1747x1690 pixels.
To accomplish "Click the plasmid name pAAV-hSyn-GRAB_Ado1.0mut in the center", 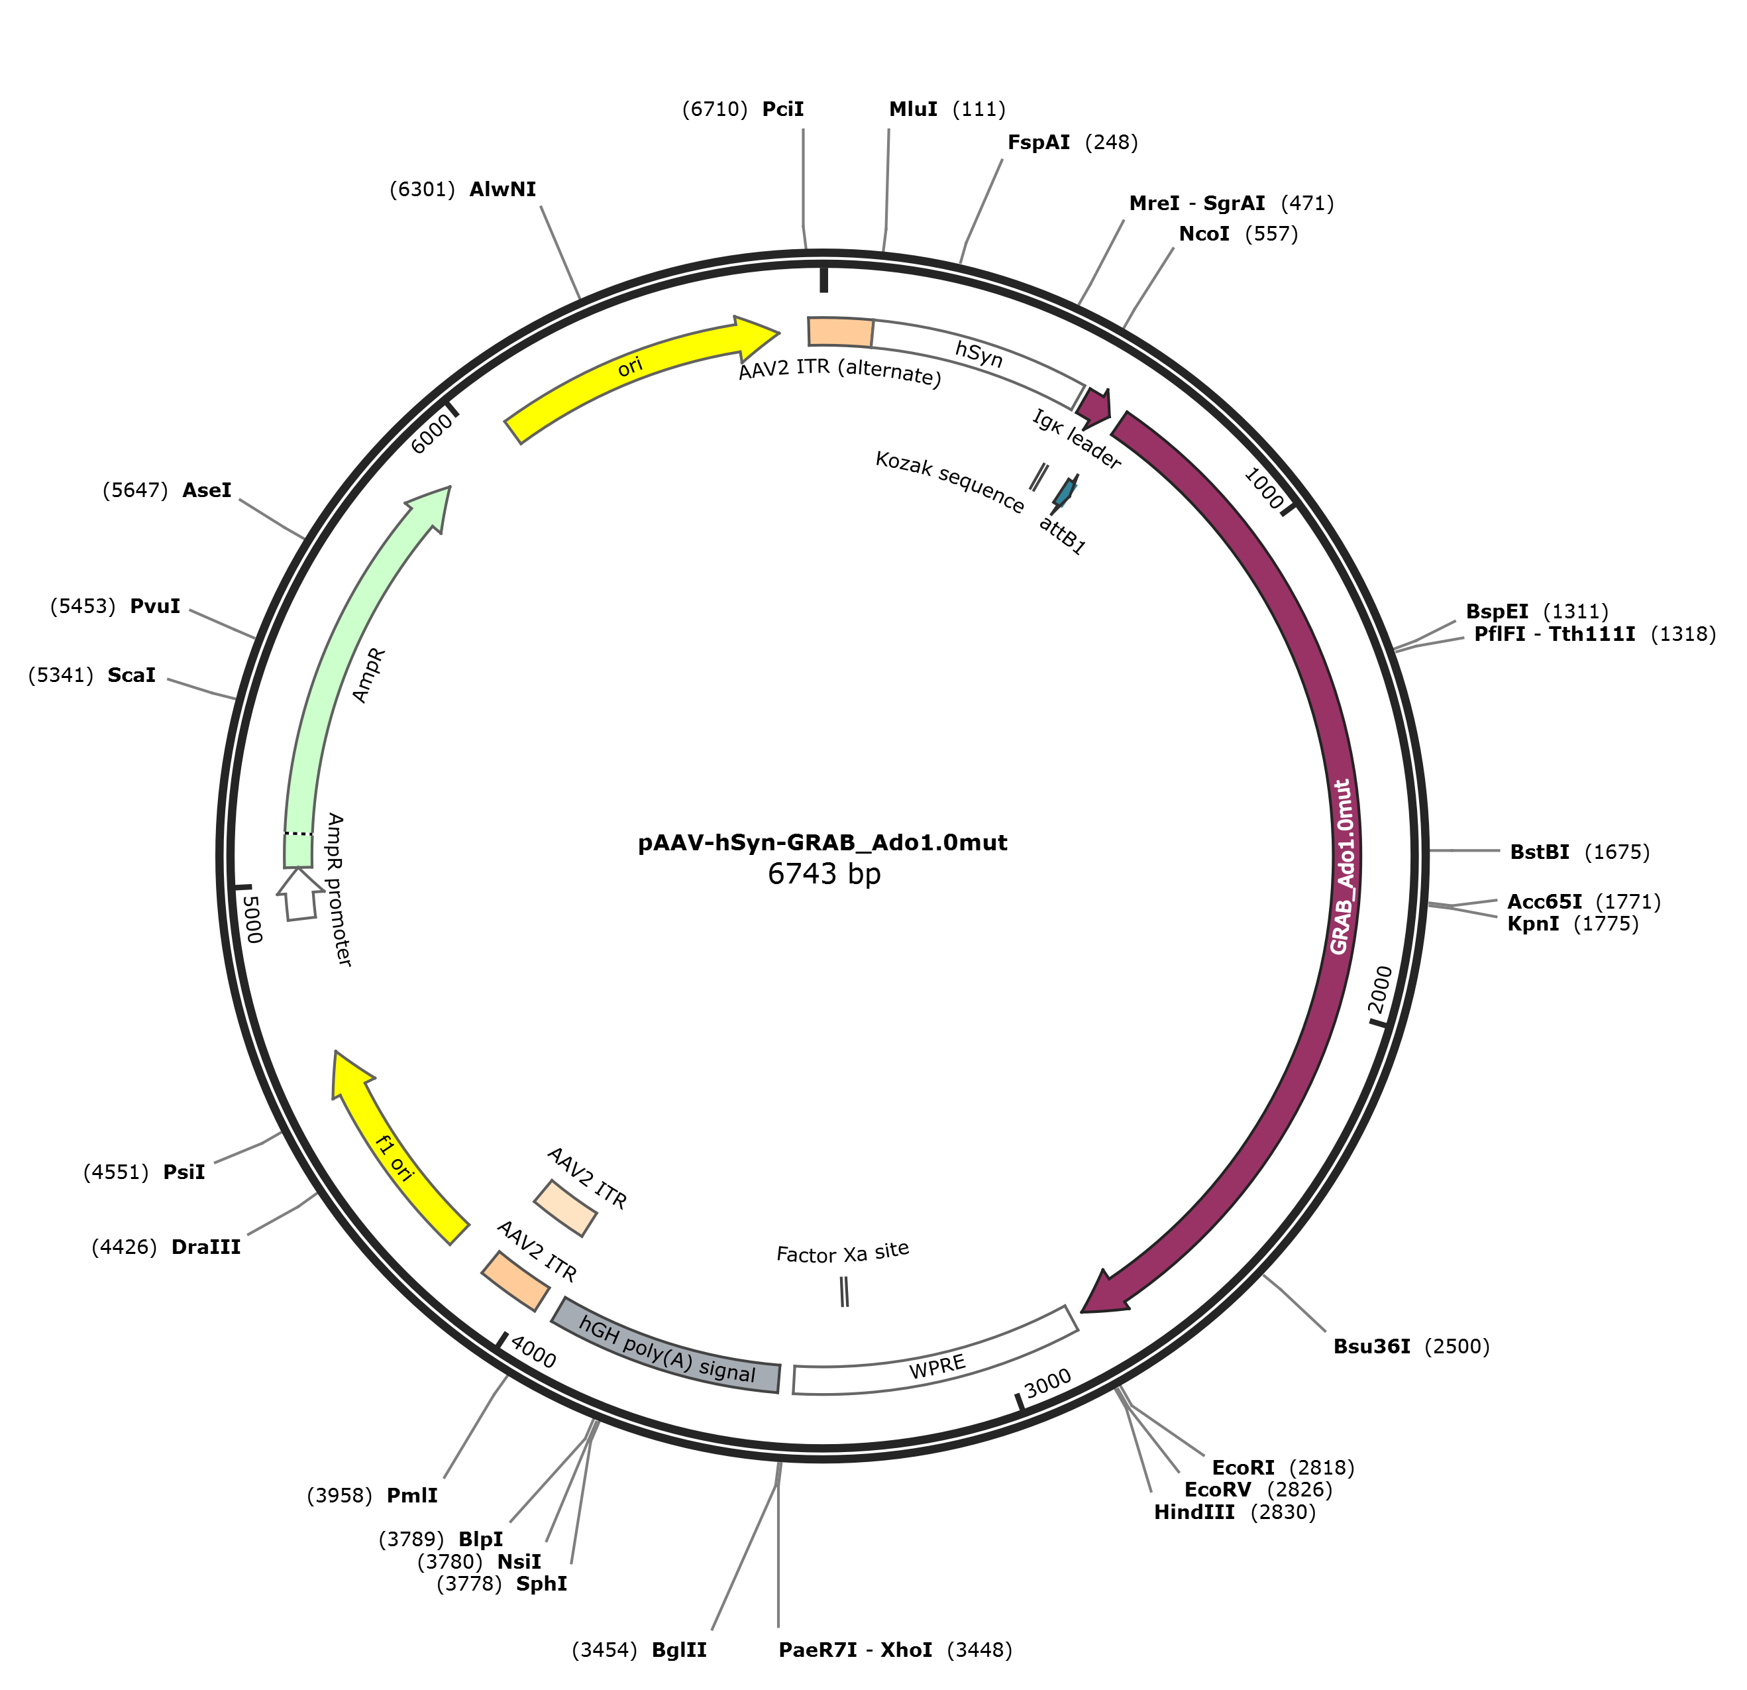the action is coord(823,843).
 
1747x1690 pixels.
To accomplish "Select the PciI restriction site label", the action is coord(782,109).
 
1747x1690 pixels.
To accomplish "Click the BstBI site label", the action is coord(1540,852).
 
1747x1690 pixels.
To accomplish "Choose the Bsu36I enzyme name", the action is coord(1372,1346).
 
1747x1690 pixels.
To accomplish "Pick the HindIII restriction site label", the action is coord(1194,1512).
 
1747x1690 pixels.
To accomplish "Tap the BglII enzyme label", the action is coord(679,1650).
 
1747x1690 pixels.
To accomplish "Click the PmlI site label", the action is coord(412,1496).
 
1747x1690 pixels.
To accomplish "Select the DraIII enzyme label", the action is coord(206,1247).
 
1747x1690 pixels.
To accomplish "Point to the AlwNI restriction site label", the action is coord(503,189).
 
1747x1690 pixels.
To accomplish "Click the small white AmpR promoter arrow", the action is coord(299,895).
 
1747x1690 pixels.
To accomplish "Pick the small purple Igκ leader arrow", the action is coord(1096,407).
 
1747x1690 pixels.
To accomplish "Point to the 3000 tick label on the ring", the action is coord(1047,1384).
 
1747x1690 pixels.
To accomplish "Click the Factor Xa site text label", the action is coord(842,1253).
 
